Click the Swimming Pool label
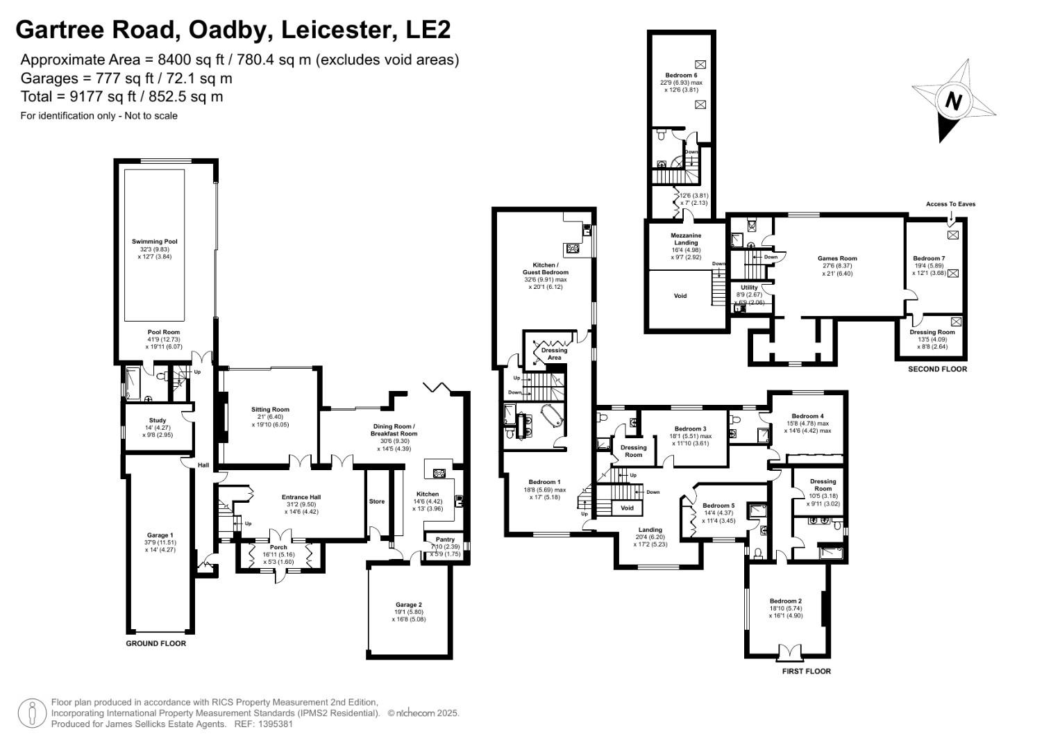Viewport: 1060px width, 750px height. coord(155,242)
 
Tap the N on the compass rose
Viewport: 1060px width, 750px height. coord(953,101)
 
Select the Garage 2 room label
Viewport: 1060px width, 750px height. coord(409,604)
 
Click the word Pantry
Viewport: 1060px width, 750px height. coord(445,540)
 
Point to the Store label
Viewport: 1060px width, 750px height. coord(377,501)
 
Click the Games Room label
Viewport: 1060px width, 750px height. coord(837,258)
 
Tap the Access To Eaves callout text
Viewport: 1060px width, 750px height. coord(950,204)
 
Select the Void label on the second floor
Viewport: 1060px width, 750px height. coord(680,296)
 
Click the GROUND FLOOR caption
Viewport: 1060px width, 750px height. coord(155,644)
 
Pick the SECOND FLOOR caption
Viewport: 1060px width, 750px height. coord(937,369)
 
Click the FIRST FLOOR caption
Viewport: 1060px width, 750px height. coord(806,672)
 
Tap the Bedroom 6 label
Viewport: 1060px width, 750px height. coord(680,75)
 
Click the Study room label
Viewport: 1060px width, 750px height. coord(158,420)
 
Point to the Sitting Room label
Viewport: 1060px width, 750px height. coord(270,410)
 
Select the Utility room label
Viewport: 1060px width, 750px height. coord(749,287)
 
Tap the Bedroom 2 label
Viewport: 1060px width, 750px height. coord(786,601)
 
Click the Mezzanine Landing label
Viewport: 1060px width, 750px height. coord(686,239)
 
